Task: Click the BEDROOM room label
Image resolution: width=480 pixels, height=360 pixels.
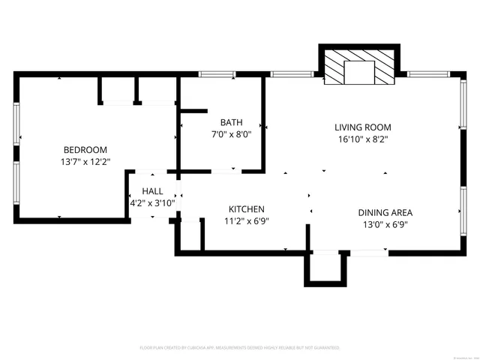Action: pyautogui.click(x=85, y=149)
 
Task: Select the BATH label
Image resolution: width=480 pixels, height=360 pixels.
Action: pyautogui.click(x=231, y=122)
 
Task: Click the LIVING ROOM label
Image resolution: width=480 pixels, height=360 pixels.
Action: pyautogui.click(x=362, y=127)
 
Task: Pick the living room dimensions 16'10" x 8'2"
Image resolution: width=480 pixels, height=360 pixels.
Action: pyautogui.click(x=362, y=139)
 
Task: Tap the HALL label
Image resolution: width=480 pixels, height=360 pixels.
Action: pyautogui.click(x=152, y=191)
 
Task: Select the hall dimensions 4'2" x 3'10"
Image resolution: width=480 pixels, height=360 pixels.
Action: pyautogui.click(x=152, y=202)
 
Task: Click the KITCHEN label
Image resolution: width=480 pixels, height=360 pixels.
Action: pyautogui.click(x=246, y=208)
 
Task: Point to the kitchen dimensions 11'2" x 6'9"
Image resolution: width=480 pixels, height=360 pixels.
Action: pyautogui.click(x=246, y=220)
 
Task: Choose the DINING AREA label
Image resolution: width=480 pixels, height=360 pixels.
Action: pyautogui.click(x=385, y=212)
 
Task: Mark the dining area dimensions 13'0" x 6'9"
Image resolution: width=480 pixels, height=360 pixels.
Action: pyautogui.click(x=385, y=224)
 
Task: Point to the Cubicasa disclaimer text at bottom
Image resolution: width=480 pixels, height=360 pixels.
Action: pyautogui.click(x=240, y=348)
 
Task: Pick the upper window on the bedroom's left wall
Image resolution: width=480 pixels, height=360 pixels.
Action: pyautogui.click(x=16, y=123)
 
